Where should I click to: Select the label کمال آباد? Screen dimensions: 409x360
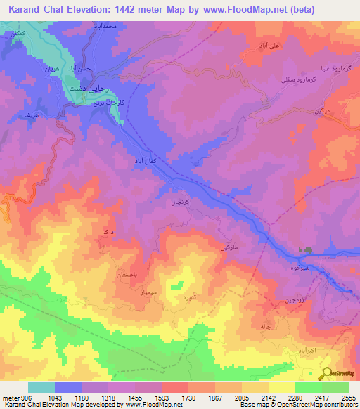(x=138, y=161)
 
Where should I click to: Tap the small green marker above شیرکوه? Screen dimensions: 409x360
(x=306, y=251)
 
